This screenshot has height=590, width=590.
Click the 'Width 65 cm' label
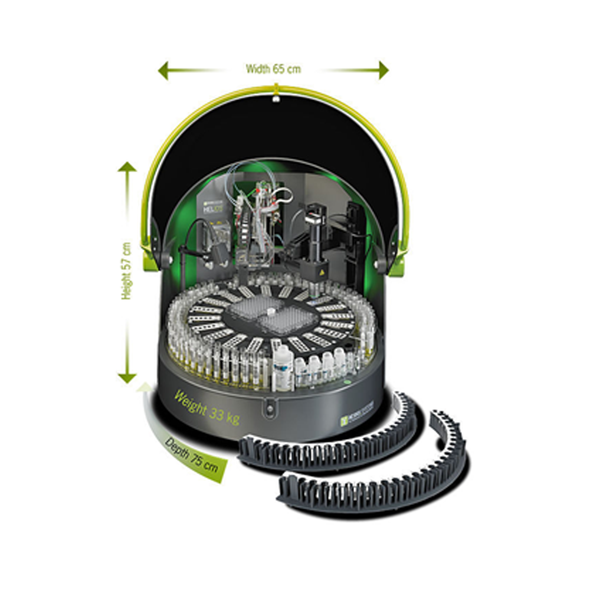[x=273, y=69]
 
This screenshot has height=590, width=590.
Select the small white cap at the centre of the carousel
[x=271, y=311]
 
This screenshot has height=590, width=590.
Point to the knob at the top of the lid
[x=276, y=95]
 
